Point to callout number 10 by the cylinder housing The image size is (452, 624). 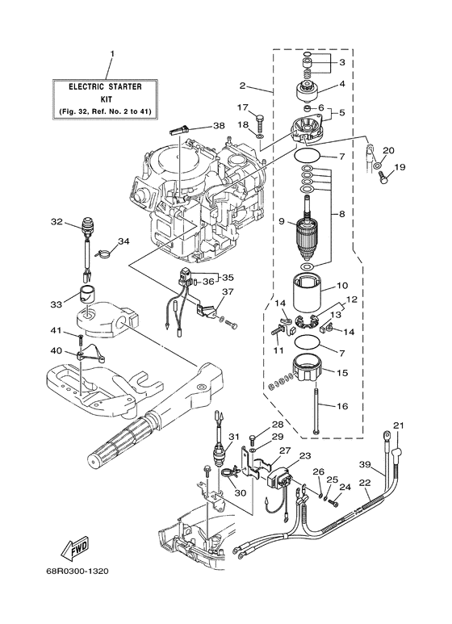341,285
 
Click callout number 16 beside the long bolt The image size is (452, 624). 341,406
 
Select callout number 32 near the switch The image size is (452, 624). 56,222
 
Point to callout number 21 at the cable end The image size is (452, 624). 397,426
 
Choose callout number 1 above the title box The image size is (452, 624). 111,53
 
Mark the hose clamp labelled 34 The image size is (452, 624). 100,256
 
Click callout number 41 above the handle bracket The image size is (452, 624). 56,331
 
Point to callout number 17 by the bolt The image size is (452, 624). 242,107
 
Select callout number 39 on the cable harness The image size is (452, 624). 365,466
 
